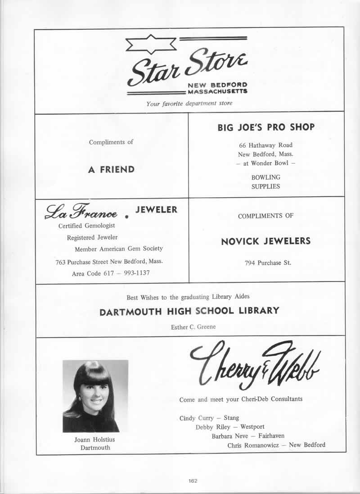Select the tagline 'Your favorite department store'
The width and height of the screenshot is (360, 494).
coord(189,104)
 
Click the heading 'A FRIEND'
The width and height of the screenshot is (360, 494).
coord(111,170)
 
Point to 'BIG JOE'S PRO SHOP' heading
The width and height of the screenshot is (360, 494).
coord(266,127)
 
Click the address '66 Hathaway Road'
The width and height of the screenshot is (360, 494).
coord(265,145)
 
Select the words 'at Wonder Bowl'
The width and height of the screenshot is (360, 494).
coord(265,163)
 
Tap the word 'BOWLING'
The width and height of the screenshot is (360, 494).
coord(265,177)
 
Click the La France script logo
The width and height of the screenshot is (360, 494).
coord(81,212)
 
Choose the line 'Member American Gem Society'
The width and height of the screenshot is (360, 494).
coord(119,249)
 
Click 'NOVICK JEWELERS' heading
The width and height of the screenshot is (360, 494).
coord(265,241)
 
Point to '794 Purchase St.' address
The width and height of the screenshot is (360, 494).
coord(265,263)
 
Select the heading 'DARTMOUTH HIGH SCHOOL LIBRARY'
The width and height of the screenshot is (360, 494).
coord(189,311)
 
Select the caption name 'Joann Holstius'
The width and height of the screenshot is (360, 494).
coord(95,440)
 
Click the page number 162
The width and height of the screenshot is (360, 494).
coord(193,481)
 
